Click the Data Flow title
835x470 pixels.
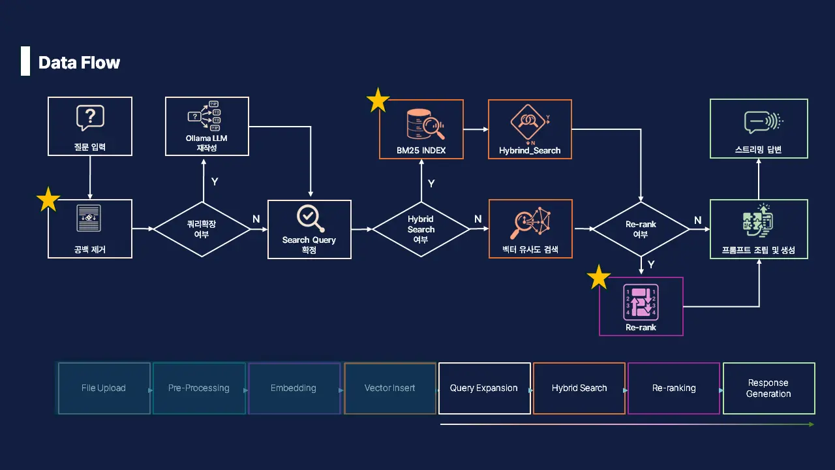[79, 63]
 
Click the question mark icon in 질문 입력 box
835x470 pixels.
[90, 118]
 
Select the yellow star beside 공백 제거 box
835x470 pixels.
[48, 200]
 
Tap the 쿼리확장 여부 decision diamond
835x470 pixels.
[202, 229]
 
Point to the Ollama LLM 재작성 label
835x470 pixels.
[207, 143]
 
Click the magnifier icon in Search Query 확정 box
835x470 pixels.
[310, 219]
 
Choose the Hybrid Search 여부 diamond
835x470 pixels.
[421, 229]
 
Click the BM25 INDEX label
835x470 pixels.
[421, 151]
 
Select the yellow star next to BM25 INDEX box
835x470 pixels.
[378, 101]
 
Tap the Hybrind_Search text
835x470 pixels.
[530, 151]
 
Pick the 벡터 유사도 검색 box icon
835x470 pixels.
[530, 224]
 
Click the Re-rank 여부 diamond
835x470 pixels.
[641, 229]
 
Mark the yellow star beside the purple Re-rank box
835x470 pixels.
[599, 277]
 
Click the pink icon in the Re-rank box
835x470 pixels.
[641, 301]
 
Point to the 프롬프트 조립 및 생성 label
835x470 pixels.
[759, 250]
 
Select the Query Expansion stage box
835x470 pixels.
[484, 388]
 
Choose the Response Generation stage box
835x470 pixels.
[768, 388]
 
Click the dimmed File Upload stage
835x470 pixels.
[104, 388]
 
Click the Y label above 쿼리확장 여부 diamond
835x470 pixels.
[215, 181]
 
